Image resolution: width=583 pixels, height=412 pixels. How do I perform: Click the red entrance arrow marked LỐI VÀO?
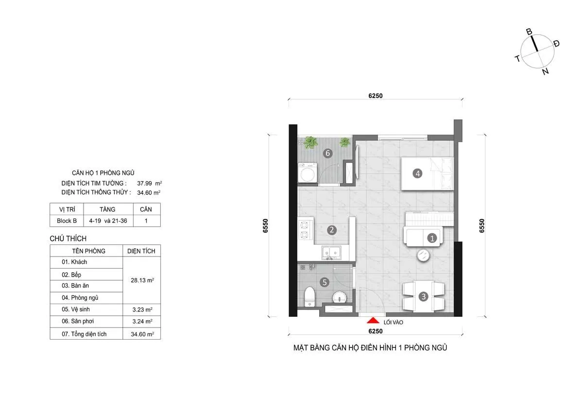[x=373, y=320]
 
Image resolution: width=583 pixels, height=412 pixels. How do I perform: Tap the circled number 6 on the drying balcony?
[x=328, y=154]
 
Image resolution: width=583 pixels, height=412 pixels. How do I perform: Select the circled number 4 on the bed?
[x=416, y=172]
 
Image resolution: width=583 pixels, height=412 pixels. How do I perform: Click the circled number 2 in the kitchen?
[x=331, y=230]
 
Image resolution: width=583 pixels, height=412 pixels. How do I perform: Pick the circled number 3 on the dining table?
[x=424, y=296]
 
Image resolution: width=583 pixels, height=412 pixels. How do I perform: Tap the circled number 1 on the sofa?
[x=431, y=238]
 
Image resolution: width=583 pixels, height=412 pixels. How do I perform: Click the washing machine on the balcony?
[x=308, y=173]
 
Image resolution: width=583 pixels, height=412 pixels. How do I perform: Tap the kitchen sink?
[x=331, y=253]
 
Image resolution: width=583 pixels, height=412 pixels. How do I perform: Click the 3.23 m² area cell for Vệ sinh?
[x=141, y=309]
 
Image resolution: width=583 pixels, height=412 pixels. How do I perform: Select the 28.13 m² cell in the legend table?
[x=141, y=280]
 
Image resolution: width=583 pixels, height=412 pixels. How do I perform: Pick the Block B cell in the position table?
[x=67, y=221]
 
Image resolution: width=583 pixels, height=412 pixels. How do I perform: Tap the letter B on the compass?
[x=530, y=32]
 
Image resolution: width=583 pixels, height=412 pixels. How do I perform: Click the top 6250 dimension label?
[x=376, y=96]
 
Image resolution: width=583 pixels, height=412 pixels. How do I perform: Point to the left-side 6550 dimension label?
[x=266, y=226]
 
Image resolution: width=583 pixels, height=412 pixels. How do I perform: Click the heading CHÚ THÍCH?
[x=68, y=239]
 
